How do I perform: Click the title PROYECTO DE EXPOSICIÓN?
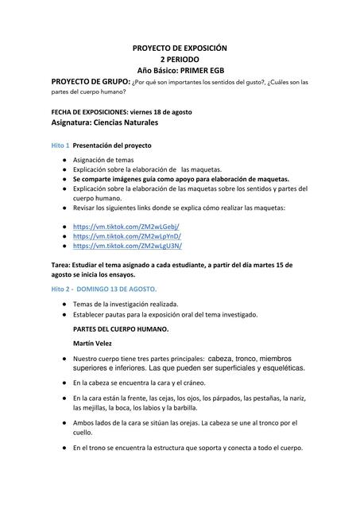pos(180,49)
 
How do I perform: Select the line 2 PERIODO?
pos(180,60)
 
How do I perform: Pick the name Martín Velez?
pos(95,343)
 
